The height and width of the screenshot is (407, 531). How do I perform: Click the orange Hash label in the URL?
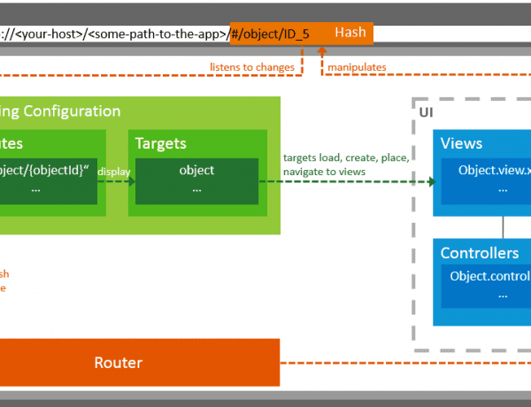coord(350,33)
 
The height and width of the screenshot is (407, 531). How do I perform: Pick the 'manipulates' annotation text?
coord(357,66)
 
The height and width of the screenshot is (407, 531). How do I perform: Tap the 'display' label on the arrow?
coord(112,171)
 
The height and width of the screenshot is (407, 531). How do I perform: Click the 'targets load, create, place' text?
coord(345,157)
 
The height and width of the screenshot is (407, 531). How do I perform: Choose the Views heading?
coord(461,143)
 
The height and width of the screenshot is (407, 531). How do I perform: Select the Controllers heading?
coord(480,253)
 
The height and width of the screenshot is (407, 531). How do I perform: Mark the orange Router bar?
coord(119,363)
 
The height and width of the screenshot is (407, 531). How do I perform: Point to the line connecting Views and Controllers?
coord(504,227)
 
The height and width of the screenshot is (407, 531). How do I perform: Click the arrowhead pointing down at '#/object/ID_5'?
coord(303,49)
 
